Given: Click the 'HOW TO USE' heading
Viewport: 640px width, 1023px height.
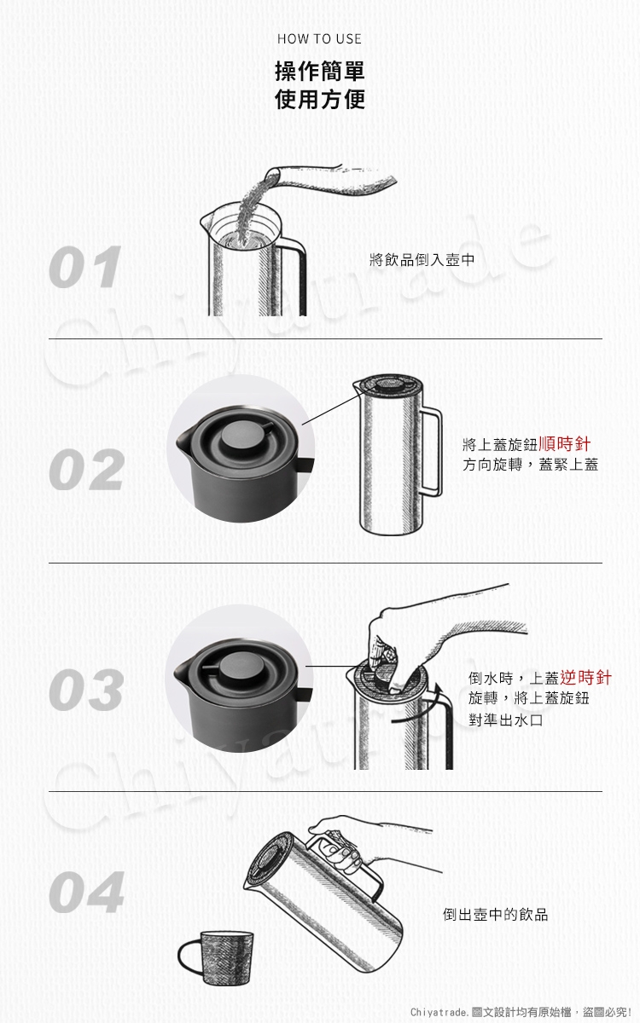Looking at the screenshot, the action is [x=319, y=39].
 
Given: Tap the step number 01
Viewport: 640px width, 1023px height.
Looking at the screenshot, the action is [x=85, y=267].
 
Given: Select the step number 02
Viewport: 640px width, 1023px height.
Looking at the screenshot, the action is [x=86, y=469].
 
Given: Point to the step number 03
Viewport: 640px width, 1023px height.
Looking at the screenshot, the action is [x=86, y=690].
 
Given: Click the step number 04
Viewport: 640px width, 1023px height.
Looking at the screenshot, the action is [x=86, y=892].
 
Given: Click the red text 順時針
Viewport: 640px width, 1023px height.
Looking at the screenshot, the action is [x=564, y=443].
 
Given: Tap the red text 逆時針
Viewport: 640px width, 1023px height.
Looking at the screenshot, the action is [x=585, y=677].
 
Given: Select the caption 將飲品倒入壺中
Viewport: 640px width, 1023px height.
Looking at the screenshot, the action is [x=422, y=260].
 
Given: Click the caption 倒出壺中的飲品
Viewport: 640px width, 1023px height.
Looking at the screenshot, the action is [x=495, y=914].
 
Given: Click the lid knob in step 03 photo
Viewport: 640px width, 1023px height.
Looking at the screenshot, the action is [x=240, y=667].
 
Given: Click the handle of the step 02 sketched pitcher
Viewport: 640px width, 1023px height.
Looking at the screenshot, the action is [x=433, y=452].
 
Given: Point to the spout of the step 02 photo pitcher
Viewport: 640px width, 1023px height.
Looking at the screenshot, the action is [x=182, y=440].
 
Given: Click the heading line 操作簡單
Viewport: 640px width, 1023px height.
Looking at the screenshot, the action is [x=320, y=72].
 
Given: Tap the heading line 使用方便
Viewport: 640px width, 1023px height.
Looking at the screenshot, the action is [x=320, y=100].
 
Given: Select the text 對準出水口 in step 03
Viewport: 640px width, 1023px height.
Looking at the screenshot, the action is [x=505, y=720].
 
